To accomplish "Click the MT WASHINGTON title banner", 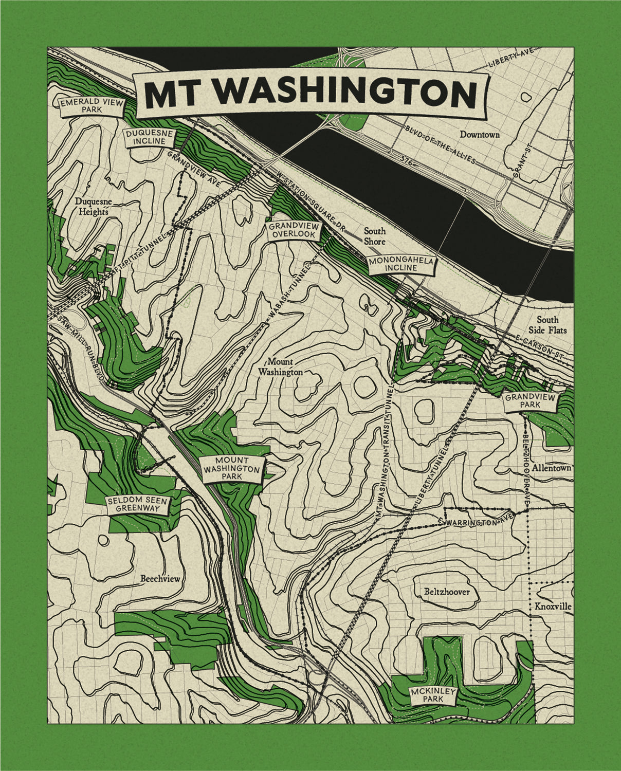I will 310,93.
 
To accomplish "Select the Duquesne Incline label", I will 149,137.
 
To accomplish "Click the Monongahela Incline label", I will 402,265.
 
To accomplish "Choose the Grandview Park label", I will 530,401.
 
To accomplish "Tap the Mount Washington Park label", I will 232,469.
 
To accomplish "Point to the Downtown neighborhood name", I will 480,135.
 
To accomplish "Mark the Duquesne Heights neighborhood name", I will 92,206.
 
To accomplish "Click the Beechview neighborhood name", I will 160,579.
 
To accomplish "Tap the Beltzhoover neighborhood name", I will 447,592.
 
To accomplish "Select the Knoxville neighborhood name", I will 553,607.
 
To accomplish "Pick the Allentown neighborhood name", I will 552,469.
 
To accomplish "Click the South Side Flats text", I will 551,324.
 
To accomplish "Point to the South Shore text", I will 375,236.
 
